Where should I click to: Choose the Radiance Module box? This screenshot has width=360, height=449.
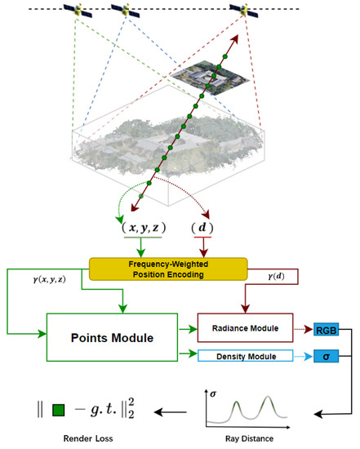[242, 328]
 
